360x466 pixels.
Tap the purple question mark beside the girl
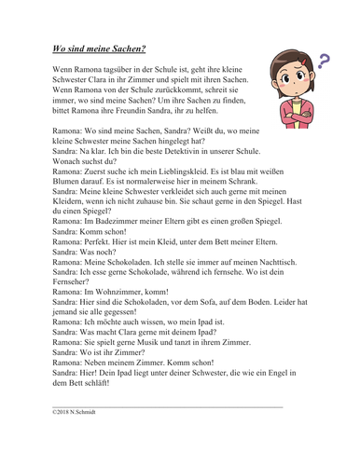pyautogui.click(x=325, y=62)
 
